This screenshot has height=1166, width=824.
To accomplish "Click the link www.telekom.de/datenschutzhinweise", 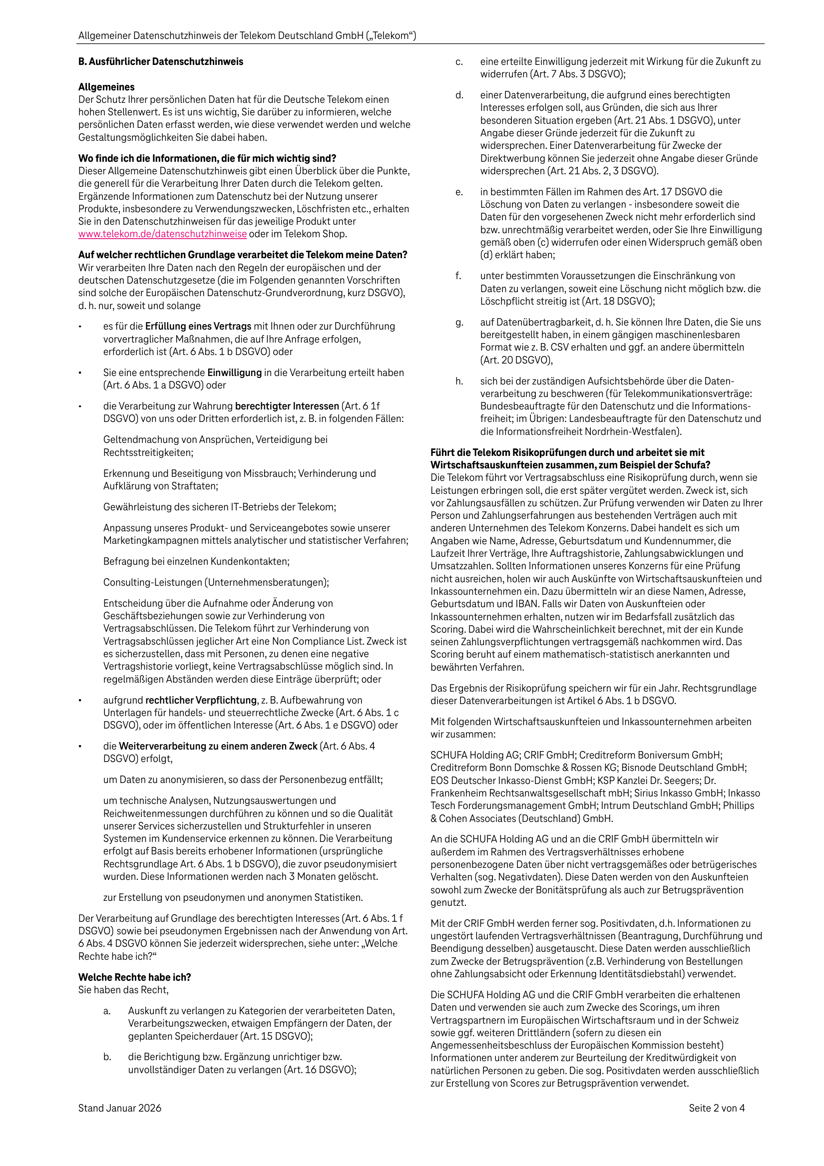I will pyautogui.click(x=163, y=234).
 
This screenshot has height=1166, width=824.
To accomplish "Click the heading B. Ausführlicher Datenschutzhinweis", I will pyautogui.click(x=160, y=62).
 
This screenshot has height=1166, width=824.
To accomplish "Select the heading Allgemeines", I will pyautogui.click(x=106, y=87).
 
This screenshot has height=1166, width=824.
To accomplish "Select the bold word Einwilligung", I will pyautogui.click(x=234, y=373).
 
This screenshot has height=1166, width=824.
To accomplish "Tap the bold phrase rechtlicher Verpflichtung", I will pyautogui.click(x=201, y=700).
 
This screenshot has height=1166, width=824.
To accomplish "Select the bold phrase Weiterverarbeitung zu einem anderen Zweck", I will pyautogui.click(x=218, y=747).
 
